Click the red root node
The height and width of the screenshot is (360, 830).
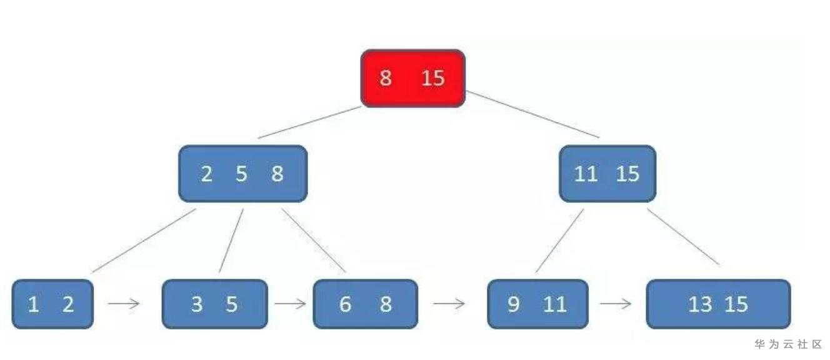pyautogui.click(x=413, y=79)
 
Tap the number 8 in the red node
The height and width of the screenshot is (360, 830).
pyautogui.click(x=386, y=78)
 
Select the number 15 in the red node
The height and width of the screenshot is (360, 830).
pyautogui.click(x=432, y=78)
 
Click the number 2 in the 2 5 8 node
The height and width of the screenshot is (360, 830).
pyautogui.click(x=207, y=174)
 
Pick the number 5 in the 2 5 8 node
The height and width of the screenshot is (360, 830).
pyautogui.click(x=242, y=174)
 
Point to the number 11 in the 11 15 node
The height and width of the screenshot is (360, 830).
pyautogui.click(x=586, y=174)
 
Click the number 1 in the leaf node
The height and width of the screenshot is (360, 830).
pyautogui.click(x=33, y=304)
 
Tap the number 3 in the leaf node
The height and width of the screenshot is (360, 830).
pyautogui.click(x=197, y=304)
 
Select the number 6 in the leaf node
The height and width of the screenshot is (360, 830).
pyautogui.click(x=345, y=304)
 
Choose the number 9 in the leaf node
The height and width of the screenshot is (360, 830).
pyautogui.click(x=513, y=304)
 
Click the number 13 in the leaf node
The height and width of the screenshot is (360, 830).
pyautogui.click(x=700, y=304)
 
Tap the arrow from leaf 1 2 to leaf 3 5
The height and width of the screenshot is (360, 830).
pyautogui.click(x=124, y=304)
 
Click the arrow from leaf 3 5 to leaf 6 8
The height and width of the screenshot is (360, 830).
pyautogui.click(x=290, y=304)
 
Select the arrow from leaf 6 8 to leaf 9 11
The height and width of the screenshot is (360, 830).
pyautogui.click(x=449, y=304)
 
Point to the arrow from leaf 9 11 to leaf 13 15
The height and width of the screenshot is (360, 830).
pyautogui.click(x=616, y=304)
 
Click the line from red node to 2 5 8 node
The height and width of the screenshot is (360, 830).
pyautogui.click(x=310, y=122)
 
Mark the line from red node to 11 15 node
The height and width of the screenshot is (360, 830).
pyautogui.click(x=532, y=114)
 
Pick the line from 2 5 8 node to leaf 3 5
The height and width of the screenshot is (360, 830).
pyautogui.click(x=231, y=241)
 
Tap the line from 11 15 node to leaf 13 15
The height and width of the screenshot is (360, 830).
pyautogui.click(x=684, y=237)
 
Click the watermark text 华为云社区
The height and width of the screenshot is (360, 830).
pyautogui.click(x=788, y=344)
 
